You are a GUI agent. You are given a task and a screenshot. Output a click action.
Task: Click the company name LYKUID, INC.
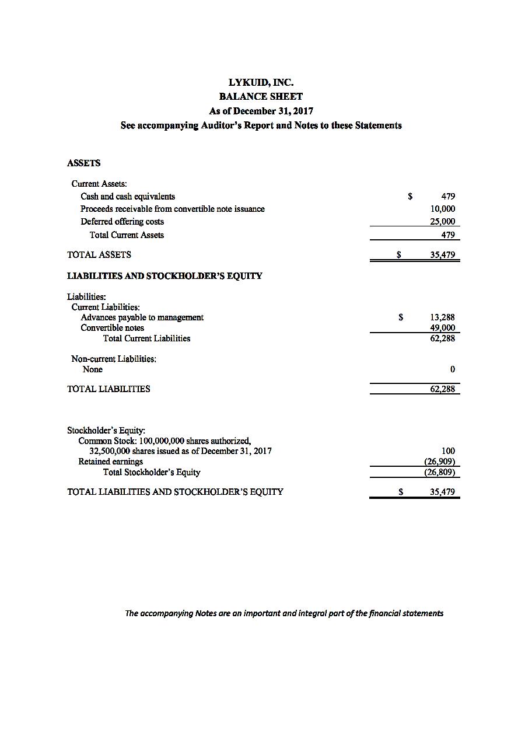pos(261,82)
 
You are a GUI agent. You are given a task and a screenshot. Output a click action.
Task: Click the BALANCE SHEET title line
pos(261,96)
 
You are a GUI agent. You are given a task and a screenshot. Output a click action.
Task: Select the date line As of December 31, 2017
pos(261,111)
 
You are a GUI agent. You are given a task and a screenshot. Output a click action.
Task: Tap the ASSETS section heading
pos(83,163)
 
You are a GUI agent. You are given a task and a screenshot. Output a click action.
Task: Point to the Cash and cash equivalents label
pos(127,197)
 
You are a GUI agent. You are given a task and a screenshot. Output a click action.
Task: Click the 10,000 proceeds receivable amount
pos(443,209)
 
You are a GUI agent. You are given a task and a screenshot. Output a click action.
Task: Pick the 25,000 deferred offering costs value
pos(443,222)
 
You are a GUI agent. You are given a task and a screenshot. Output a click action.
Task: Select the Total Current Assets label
pos(127,235)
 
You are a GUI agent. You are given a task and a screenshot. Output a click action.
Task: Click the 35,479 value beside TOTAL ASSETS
pos(442,255)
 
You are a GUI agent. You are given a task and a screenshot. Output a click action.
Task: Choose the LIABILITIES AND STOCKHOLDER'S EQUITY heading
pos(164,276)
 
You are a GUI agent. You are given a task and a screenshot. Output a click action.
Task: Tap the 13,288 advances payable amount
pos(442,317)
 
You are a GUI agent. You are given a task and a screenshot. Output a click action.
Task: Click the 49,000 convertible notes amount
pos(442,328)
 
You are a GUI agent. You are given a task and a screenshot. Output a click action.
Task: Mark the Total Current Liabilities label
pos(146,338)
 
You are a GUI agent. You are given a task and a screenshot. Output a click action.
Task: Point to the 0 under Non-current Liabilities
pos(453,369)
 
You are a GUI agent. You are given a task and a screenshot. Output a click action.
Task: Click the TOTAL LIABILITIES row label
pos(108,389)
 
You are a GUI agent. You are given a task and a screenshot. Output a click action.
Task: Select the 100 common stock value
pos(448,451)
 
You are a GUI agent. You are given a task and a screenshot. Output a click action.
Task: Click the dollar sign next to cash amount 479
pos(411,197)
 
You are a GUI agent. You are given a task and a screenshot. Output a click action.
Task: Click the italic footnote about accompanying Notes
pos(284,613)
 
